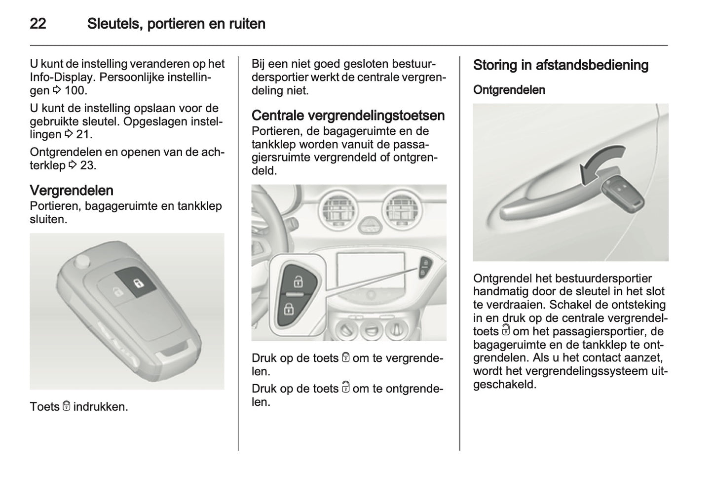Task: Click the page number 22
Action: click(38, 24)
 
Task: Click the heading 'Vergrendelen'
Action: click(72, 191)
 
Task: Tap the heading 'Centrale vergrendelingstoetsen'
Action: click(348, 116)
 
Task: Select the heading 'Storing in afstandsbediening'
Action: click(561, 65)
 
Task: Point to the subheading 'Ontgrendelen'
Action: click(509, 90)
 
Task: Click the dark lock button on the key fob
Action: click(137, 283)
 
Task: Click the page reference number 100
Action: click(75, 90)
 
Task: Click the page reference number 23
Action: click(87, 165)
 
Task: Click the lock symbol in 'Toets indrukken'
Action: click(66, 407)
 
